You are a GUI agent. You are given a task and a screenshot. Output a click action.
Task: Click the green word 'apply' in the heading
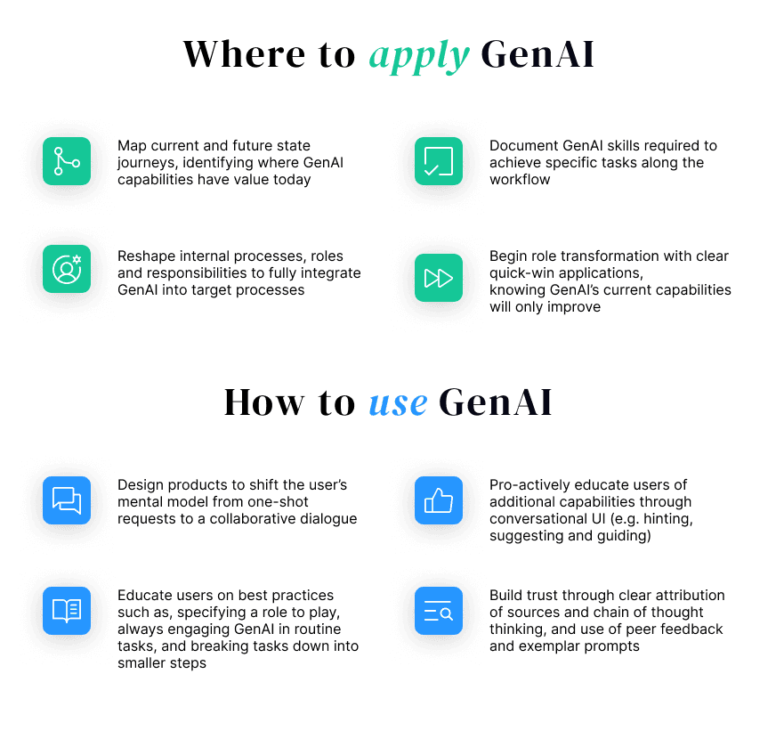click(x=418, y=55)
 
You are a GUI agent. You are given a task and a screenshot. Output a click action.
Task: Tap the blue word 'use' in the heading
click(x=397, y=402)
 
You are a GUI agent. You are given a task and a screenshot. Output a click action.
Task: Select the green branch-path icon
click(x=67, y=161)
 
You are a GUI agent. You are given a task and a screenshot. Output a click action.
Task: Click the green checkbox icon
click(x=438, y=161)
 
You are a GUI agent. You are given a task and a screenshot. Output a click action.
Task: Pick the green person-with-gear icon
click(x=67, y=269)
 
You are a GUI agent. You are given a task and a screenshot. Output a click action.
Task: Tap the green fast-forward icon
click(x=438, y=277)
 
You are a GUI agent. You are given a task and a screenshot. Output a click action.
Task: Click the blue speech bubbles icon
click(x=67, y=500)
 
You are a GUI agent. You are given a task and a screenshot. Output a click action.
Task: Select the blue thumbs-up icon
click(x=438, y=500)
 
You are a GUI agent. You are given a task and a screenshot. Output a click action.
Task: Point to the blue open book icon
click(x=67, y=611)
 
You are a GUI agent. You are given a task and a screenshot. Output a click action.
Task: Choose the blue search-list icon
click(x=438, y=611)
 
